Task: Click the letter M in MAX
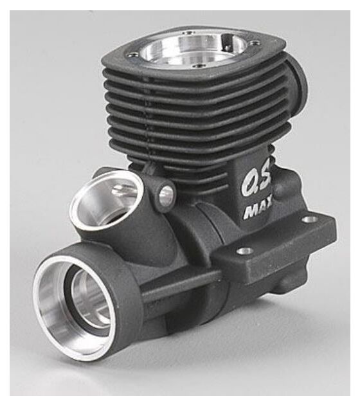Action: pyautogui.click(x=249, y=212)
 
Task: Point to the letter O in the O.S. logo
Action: pyautogui.click(x=249, y=183)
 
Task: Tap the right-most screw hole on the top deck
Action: pyautogui.click(x=256, y=41)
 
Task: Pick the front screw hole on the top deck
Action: pyautogui.click(x=200, y=66)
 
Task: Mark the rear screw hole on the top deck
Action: pyautogui.click(x=188, y=33)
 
